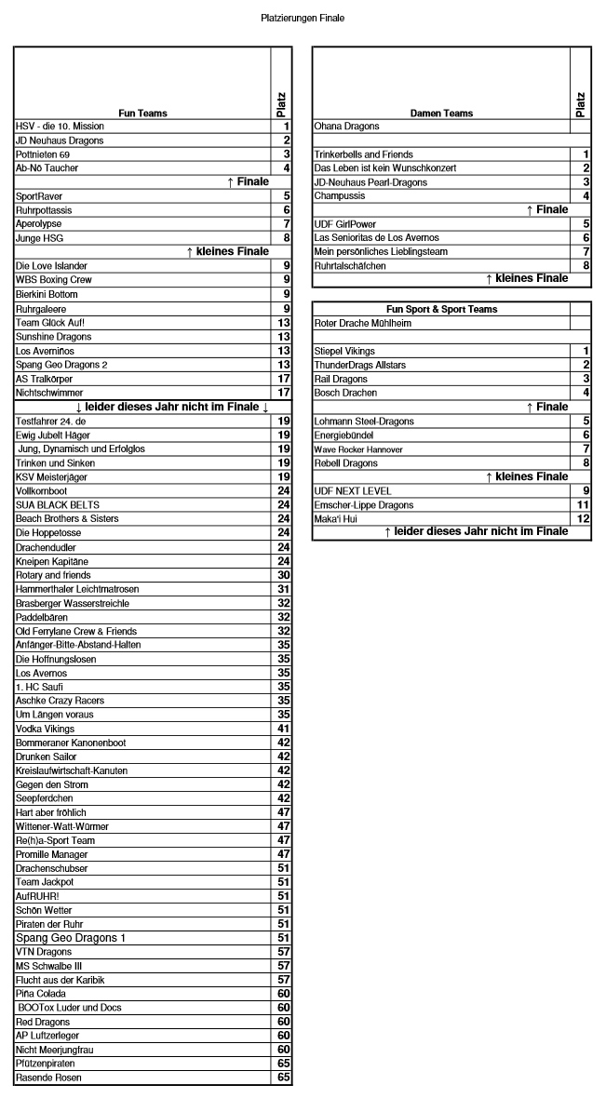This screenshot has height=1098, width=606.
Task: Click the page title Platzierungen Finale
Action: (303, 18)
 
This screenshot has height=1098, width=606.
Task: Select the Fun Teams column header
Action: (142, 114)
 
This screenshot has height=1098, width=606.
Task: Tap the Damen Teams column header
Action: (441, 114)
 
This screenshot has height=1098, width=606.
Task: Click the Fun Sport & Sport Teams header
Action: (441, 309)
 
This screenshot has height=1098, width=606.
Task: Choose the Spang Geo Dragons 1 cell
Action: (70, 938)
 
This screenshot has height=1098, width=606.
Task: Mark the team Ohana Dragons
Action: (347, 127)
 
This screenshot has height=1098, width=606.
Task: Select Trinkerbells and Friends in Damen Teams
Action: (364, 154)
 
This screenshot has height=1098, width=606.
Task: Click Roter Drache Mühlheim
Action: (364, 323)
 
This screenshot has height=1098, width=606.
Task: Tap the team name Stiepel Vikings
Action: (345, 351)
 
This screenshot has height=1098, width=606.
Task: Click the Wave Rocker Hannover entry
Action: (358, 449)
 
